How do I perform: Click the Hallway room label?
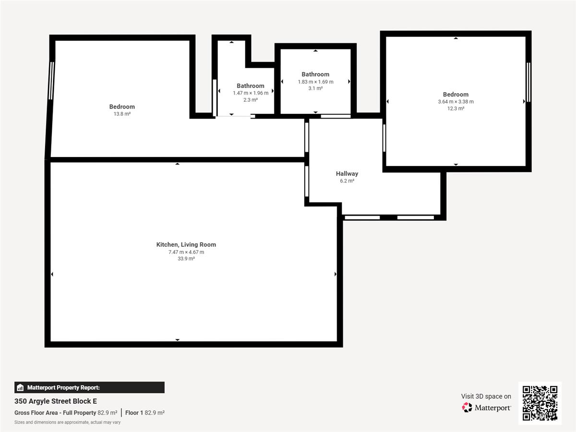pyautogui.click(x=347, y=174)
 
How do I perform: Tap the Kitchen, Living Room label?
pyautogui.click(x=186, y=245)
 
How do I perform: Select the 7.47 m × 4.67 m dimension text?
pyautogui.click(x=186, y=252)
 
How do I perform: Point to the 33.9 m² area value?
pyautogui.click(x=186, y=259)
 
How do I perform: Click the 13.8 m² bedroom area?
pyautogui.click(x=122, y=114)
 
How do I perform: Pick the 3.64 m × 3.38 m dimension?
pyautogui.click(x=456, y=101)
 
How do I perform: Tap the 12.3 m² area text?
pyautogui.click(x=456, y=108)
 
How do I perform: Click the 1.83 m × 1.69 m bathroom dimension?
pyautogui.click(x=315, y=82)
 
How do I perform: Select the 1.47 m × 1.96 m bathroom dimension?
pyautogui.click(x=251, y=93)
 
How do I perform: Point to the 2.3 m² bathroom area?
pyautogui.click(x=251, y=100)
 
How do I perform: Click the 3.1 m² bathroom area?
pyautogui.click(x=315, y=88)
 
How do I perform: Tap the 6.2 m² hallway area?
pyautogui.click(x=347, y=181)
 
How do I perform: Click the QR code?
pyautogui.click(x=540, y=403)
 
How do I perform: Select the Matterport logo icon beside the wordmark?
pyautogui.click(x=467, y=408)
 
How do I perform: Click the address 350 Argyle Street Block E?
pyautogui.click(x=56, y=401)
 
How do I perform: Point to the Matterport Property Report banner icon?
pyautogui.click(x=20, y=387)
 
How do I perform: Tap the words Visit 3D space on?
pyautogui.click(x=486, y=396)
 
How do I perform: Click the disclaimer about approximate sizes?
pyautogui.click(x=68, y=422)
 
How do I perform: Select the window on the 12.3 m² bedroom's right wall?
pyautogui.click(x=528, y=82)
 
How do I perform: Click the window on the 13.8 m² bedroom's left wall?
pyautogui.click(x=51, y=81)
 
